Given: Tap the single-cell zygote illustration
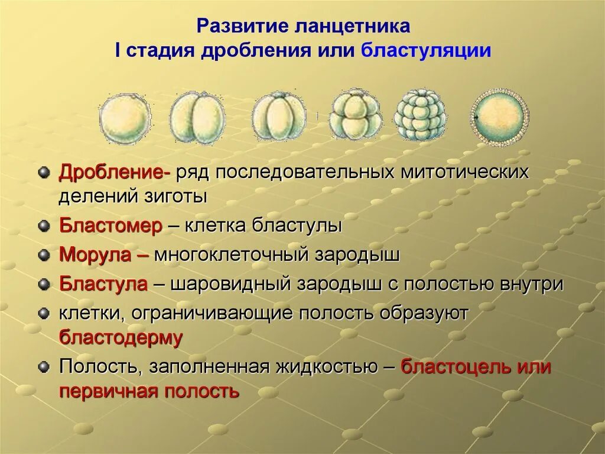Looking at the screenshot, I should [x=123, y=117].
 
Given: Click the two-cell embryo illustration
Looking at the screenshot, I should [x=197, y=117].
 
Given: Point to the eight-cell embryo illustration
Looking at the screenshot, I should [x=354, y=115].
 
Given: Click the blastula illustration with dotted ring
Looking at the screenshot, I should [x=499, y=117].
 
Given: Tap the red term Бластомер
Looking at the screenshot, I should [x=110, y=226].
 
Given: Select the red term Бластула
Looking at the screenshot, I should [x=103, y=284].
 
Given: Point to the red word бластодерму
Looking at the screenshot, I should [x=121, y=337].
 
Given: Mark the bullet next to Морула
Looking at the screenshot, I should [x=43, y=255].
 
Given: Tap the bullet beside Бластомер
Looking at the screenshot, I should [x=43, y=226].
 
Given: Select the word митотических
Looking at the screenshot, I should [x=464, y=173].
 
